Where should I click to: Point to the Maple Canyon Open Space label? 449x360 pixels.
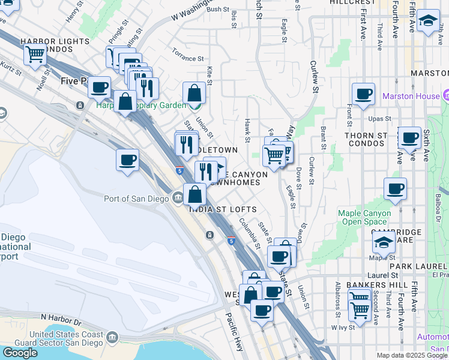364,217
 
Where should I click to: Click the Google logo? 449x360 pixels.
20,353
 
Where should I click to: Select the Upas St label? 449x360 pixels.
379,119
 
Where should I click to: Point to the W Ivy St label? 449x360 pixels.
343,327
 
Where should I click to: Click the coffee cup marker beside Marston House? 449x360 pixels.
363,94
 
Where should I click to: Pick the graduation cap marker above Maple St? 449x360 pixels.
384,242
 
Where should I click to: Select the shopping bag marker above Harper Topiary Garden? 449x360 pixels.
194,93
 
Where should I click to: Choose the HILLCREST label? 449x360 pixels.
352,2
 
